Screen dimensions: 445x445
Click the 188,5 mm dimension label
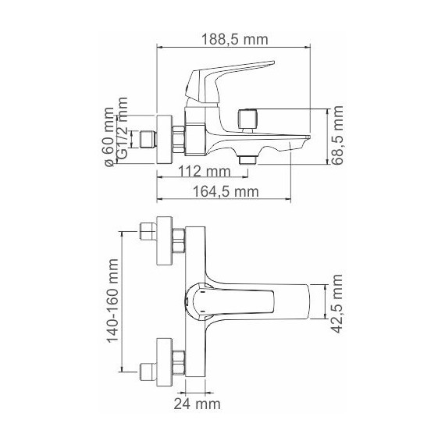[234, 40]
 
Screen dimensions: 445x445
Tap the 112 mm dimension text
[205, 172]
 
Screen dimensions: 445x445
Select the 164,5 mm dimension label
[226, 191]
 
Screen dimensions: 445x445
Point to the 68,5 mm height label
[337, 135]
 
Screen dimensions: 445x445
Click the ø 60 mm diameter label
[109, 137]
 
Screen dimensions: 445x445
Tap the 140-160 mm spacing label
[112, 301]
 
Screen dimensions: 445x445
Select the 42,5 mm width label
[337, 304]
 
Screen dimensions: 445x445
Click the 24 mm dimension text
[197, 404]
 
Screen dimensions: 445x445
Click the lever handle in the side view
[224, 81]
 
